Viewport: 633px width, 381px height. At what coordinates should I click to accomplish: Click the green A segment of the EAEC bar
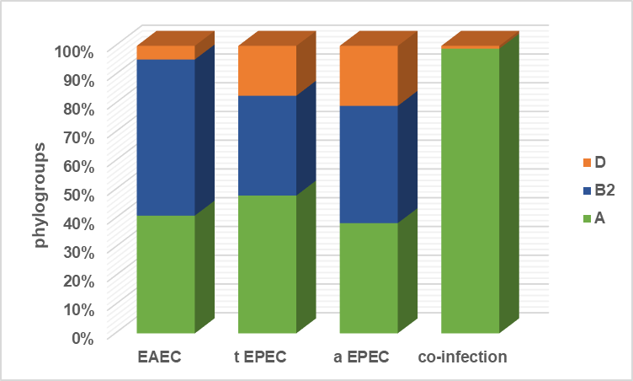coord(166,273)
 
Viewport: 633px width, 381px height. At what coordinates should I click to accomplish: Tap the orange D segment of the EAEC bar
coord(166,52)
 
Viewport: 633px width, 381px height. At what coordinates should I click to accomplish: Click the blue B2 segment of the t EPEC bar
coord(268,145)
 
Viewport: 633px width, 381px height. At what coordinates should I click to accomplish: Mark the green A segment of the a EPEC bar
coord(369,277)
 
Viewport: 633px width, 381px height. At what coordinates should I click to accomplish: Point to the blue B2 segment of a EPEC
coord(369,164)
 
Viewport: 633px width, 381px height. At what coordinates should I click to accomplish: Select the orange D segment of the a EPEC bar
coord(369,75)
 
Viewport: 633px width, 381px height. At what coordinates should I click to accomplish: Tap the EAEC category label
coord(159,357)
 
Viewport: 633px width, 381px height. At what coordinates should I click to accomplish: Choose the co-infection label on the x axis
coord(463,357)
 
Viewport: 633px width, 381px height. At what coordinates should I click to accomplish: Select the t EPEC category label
coord(260,357)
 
